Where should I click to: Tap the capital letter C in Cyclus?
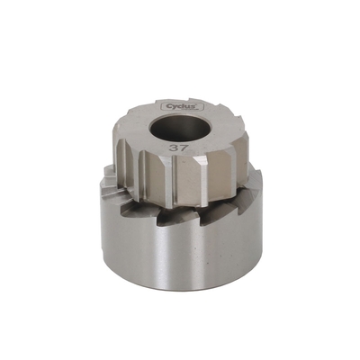(168, 106)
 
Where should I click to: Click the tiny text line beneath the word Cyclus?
(192, 110)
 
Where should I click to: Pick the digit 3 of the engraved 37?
(174, 148)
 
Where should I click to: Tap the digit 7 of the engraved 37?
(184, 148)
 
